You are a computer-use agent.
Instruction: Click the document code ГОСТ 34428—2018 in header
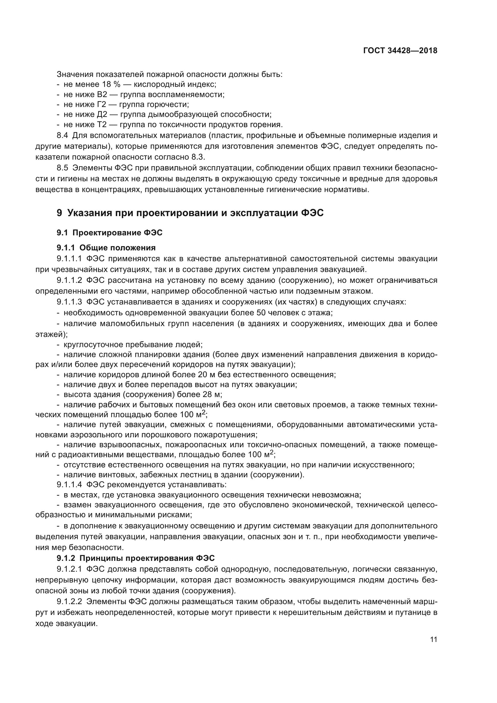[400, 51]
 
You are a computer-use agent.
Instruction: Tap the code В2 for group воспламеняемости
[102, 95]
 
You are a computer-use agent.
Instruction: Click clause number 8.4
[63, 136]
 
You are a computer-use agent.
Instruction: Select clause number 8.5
[63, 168]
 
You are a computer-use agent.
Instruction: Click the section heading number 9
[59, 213]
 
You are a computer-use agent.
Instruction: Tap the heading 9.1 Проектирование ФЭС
[109, 233]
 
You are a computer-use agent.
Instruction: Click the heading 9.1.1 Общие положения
[106, 248]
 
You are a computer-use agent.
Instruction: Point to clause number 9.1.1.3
[69, 302]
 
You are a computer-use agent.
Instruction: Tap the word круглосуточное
[98, 345]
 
